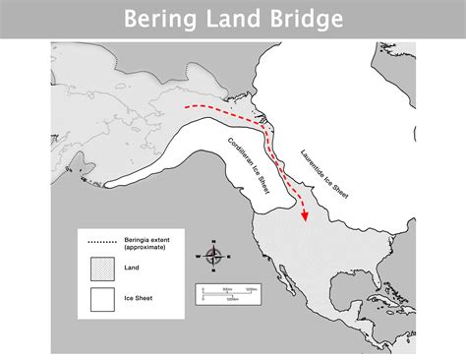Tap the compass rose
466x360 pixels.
(214, 255)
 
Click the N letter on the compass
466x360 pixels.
(214, 241)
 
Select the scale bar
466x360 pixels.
(228, 292)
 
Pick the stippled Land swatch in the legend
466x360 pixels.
(102, 266)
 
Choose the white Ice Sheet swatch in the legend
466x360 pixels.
(102, 296)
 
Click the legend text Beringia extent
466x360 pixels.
(147, 239)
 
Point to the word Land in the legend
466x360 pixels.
(132, 266)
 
